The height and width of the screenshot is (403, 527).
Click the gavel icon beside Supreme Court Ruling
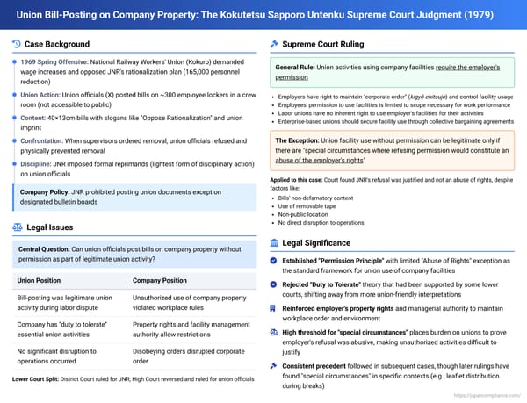point(275,45)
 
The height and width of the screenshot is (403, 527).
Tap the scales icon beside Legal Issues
point(18,227)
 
